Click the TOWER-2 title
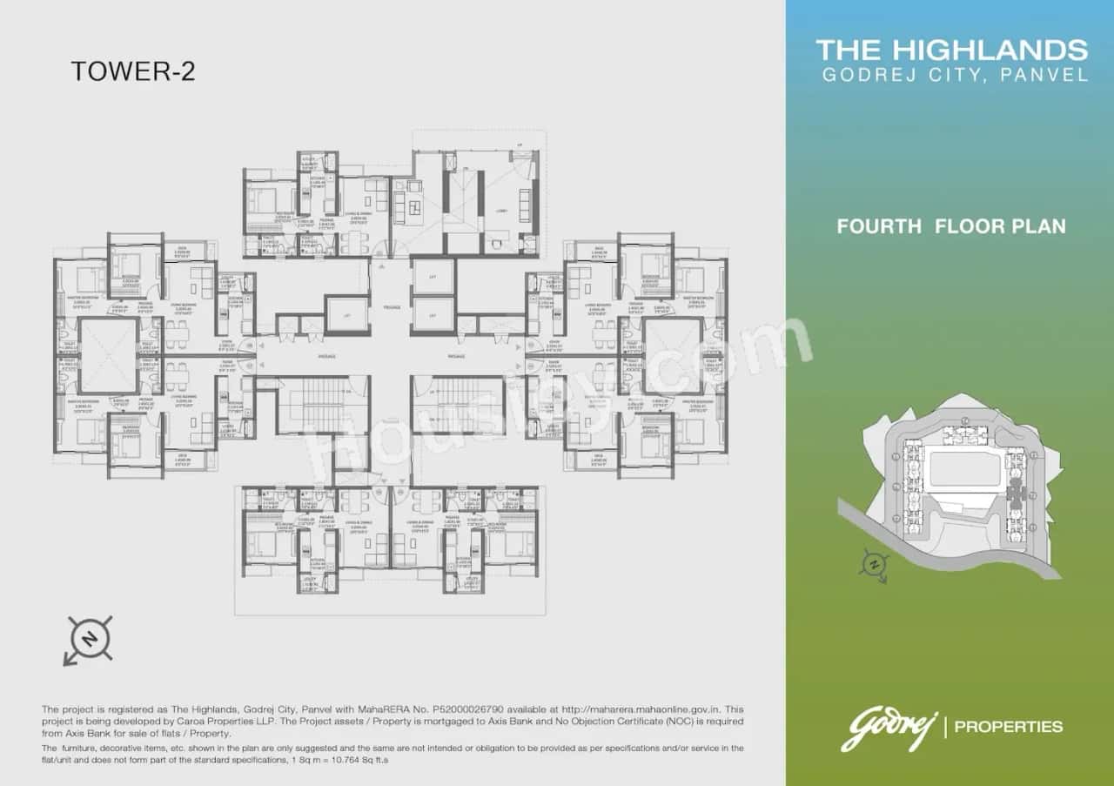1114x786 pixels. point(133,71)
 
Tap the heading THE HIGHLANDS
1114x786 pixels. point(951,50)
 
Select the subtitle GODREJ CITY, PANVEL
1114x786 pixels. point(955,75)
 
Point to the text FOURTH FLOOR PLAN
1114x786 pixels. point(950,226)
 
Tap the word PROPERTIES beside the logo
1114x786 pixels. point(1008,726)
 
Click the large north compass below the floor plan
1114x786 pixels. point(88,640)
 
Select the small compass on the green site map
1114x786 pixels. point(872,565)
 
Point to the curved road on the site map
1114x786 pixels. point(957,557)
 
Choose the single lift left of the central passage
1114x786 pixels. point(346,314)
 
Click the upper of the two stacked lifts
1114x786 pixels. point(433,276)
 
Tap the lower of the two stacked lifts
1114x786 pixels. point(433,314)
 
